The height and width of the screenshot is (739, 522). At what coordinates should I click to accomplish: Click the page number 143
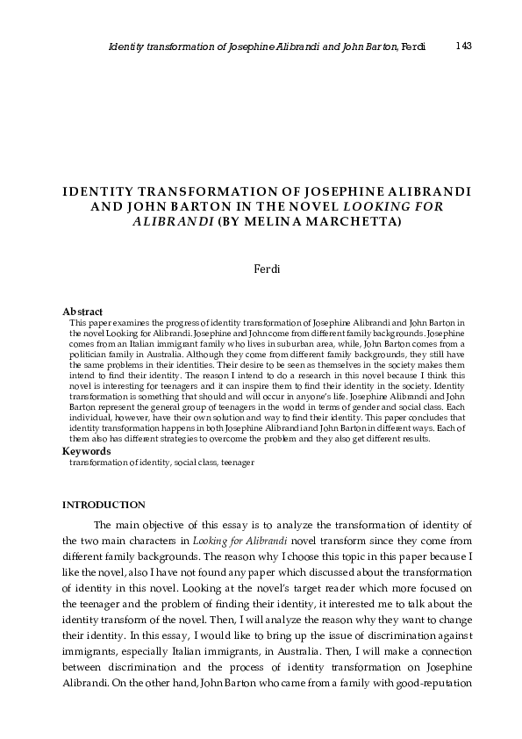click(x=464, y=46)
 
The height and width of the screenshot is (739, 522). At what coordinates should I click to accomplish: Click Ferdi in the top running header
click(x=412, y=47)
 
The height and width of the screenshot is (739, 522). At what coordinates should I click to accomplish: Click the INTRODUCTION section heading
click(x=104, y=505)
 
